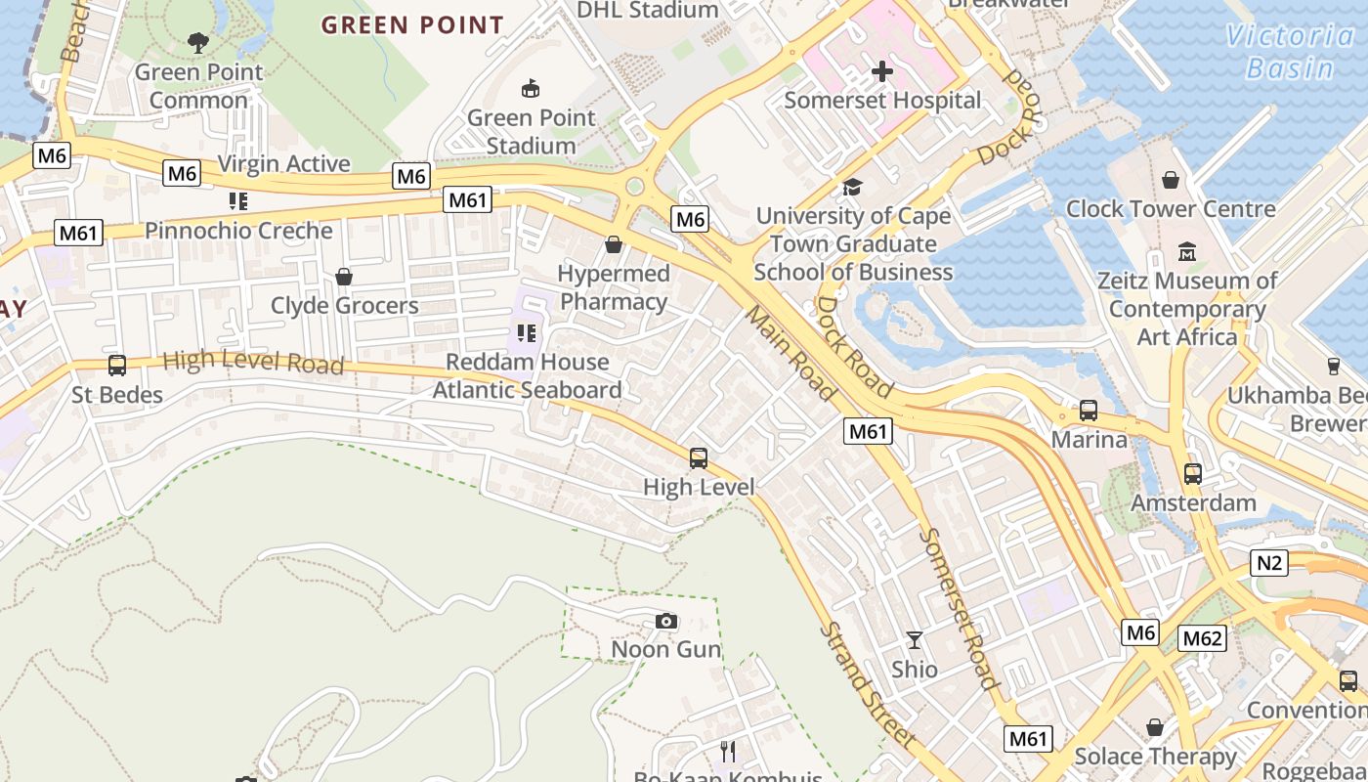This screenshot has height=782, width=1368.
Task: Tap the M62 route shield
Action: (1202, 638)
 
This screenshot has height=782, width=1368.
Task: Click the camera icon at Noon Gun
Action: (666, 621)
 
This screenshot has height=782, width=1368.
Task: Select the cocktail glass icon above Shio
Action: (915, 640)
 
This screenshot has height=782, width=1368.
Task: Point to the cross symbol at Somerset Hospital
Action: (882, 71)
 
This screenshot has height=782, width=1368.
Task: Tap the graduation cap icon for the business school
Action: (853, 187)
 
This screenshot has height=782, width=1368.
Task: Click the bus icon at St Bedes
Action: (117, 366)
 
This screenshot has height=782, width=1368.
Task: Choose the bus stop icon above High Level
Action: (699, 457)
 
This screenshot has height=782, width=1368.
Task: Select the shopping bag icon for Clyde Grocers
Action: (344, 277)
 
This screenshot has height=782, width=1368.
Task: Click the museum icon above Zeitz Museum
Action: (1187, 251)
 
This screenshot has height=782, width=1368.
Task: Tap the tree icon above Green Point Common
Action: (198, 42)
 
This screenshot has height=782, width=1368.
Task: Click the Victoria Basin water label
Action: (1290, 52)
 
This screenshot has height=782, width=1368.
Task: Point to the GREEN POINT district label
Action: (412, 25)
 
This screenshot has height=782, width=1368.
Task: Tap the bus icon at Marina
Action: (1089, 411)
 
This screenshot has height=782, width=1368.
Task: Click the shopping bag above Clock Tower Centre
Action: (1171, 180)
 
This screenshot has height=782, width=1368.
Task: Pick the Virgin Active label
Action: (283, 163)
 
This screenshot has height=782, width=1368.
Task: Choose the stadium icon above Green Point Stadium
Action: (531, 89)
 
